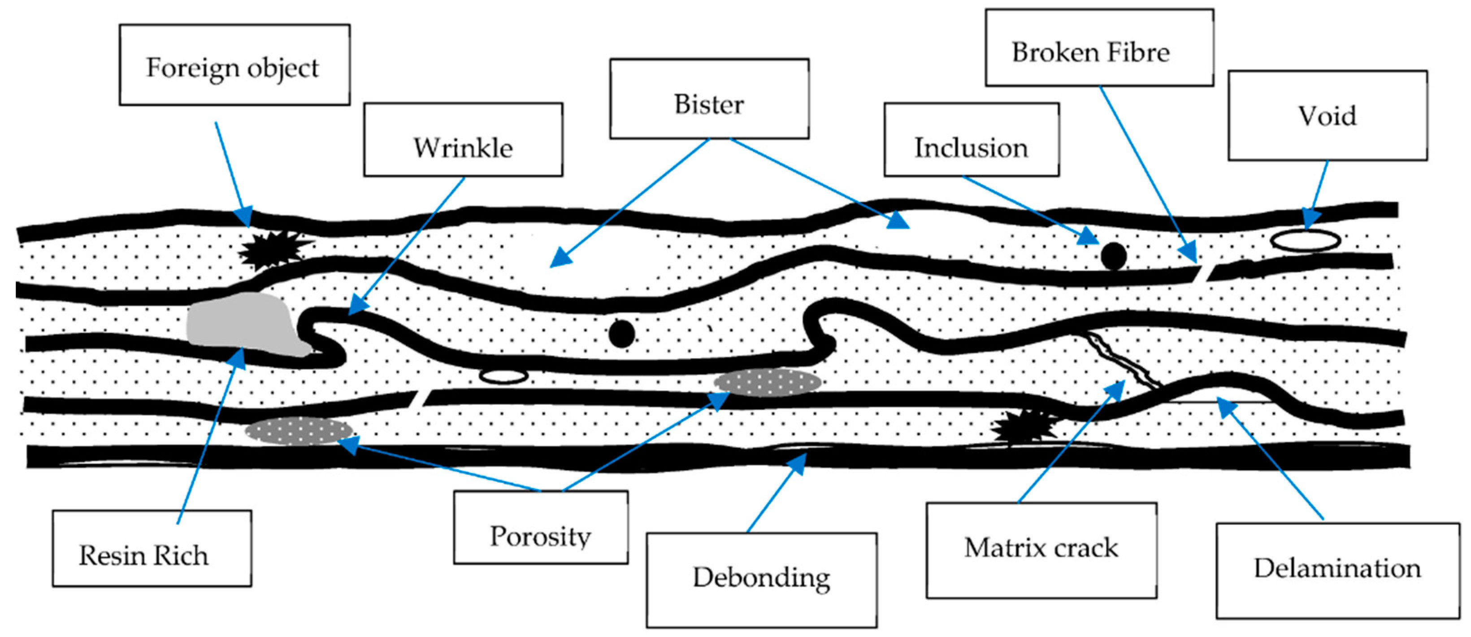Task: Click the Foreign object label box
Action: click(x=234, y=65)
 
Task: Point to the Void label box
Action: click(x=1328, y=116)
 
